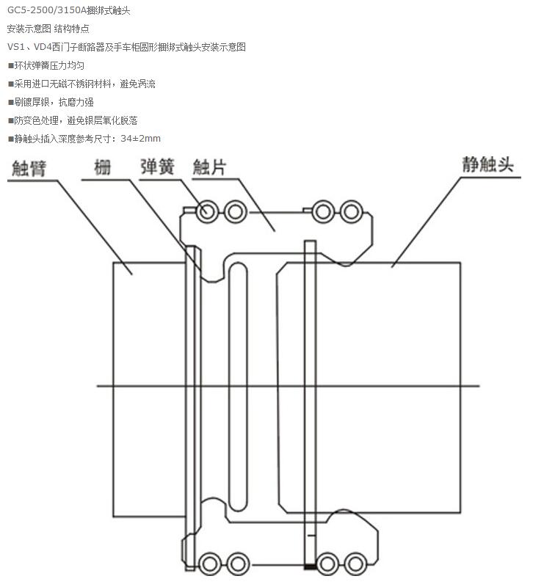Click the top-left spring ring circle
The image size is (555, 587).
[x=207, y=212]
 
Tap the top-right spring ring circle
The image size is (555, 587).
[x=354, y=212]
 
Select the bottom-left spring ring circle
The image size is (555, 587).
[x=211, y=564]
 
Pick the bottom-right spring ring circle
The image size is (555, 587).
[x=355, y=564]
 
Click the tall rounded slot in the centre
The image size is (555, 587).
[x=238, y=385]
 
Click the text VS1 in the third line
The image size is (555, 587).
[x=15, y=47]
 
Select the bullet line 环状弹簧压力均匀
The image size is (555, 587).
[x=50, y=65]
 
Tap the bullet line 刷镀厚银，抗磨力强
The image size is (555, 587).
[x=50, y=102]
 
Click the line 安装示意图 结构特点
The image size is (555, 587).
[x=48, y=29]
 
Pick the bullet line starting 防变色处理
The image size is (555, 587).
[x=72, y=120]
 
